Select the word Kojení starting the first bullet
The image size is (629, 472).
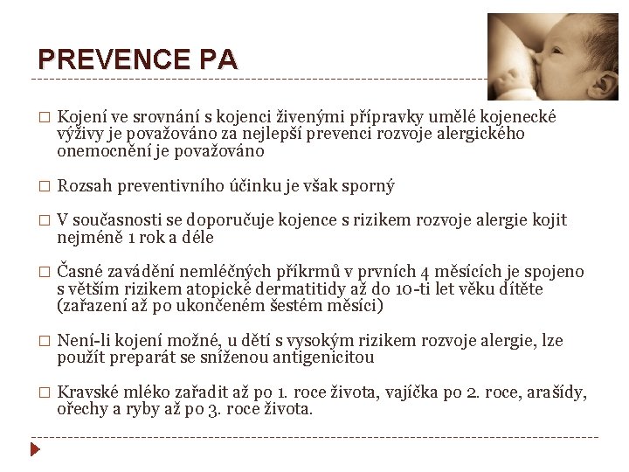(81, 117)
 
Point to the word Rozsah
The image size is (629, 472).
(82, 185)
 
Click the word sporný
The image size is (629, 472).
(371, 185)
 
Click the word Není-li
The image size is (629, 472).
(83, 340)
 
